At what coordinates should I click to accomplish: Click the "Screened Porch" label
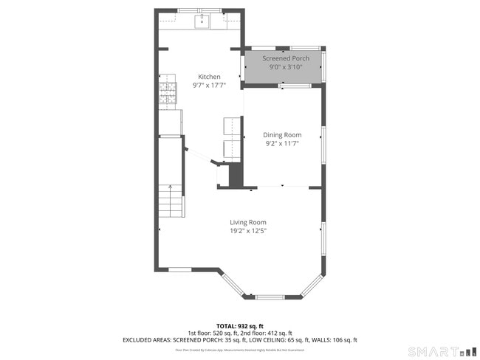[x=286, y=58]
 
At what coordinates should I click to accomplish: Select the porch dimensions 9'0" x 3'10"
[x=286, y=67]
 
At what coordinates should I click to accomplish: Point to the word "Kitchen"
[x=208, y=77]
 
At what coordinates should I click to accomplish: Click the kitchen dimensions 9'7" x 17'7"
[x=208, y=86]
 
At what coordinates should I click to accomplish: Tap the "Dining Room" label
[x=283, y=135]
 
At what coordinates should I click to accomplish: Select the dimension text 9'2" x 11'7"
[x=283, y=144]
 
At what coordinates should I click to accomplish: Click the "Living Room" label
[x=247, y=222]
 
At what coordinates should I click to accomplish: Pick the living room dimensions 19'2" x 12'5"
[x=247, y=231]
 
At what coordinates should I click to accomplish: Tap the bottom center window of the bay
[x=272, y=297]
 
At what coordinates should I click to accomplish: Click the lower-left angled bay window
[x=232, y=284]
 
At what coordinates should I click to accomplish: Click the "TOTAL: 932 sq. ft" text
[x=239, y=325]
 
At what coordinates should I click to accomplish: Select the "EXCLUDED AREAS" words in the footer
[x=147, y=340]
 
